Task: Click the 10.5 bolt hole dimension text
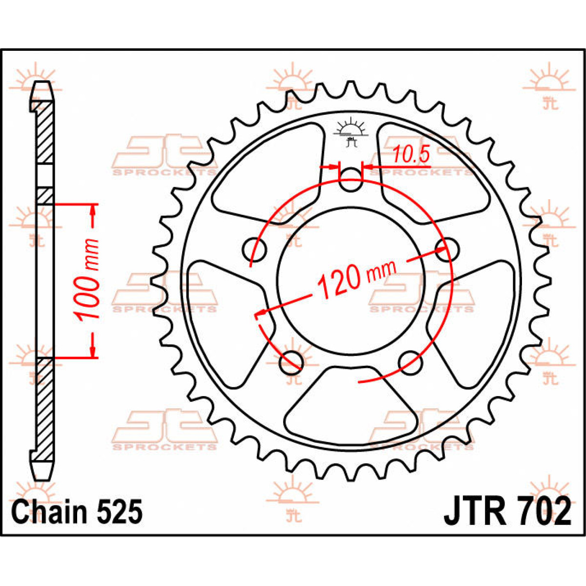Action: pyautogui.click(x=411, y=154)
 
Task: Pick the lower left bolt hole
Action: pyautogui.click(x=291, y=362)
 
